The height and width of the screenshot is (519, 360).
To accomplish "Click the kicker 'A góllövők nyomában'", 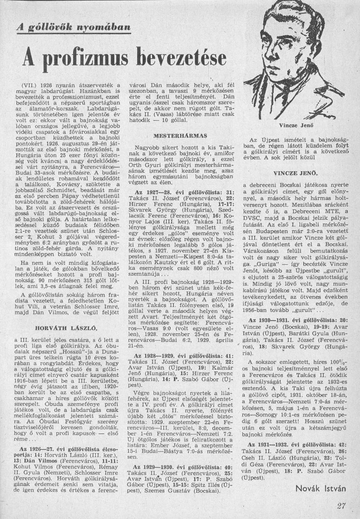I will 73,27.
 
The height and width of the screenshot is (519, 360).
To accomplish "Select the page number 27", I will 342,506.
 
